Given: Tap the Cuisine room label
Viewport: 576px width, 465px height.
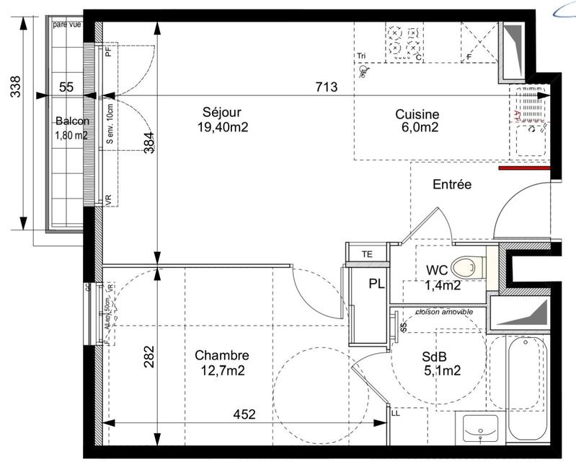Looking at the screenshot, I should (417, 114).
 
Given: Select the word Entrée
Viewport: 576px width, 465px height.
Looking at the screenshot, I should (452, 185).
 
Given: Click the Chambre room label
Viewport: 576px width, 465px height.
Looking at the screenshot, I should (222, 356).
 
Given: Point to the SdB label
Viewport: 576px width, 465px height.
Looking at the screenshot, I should (434, 356).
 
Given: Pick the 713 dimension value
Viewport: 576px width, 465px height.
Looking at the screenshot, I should (327, 87).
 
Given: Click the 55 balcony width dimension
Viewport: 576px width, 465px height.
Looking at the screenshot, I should (66, 87).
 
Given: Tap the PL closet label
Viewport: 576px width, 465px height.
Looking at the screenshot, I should (376, 284).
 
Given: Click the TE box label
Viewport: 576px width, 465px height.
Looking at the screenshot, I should (367, 253).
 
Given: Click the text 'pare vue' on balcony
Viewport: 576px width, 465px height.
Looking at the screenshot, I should (67, 25).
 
